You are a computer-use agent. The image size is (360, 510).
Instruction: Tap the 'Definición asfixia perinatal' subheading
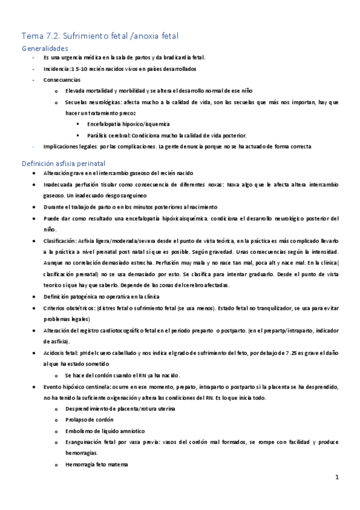[63, 163]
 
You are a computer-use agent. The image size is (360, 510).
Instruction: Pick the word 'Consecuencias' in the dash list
[63, 79]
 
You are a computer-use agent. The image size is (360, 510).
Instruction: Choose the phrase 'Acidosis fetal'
[62, 353]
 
